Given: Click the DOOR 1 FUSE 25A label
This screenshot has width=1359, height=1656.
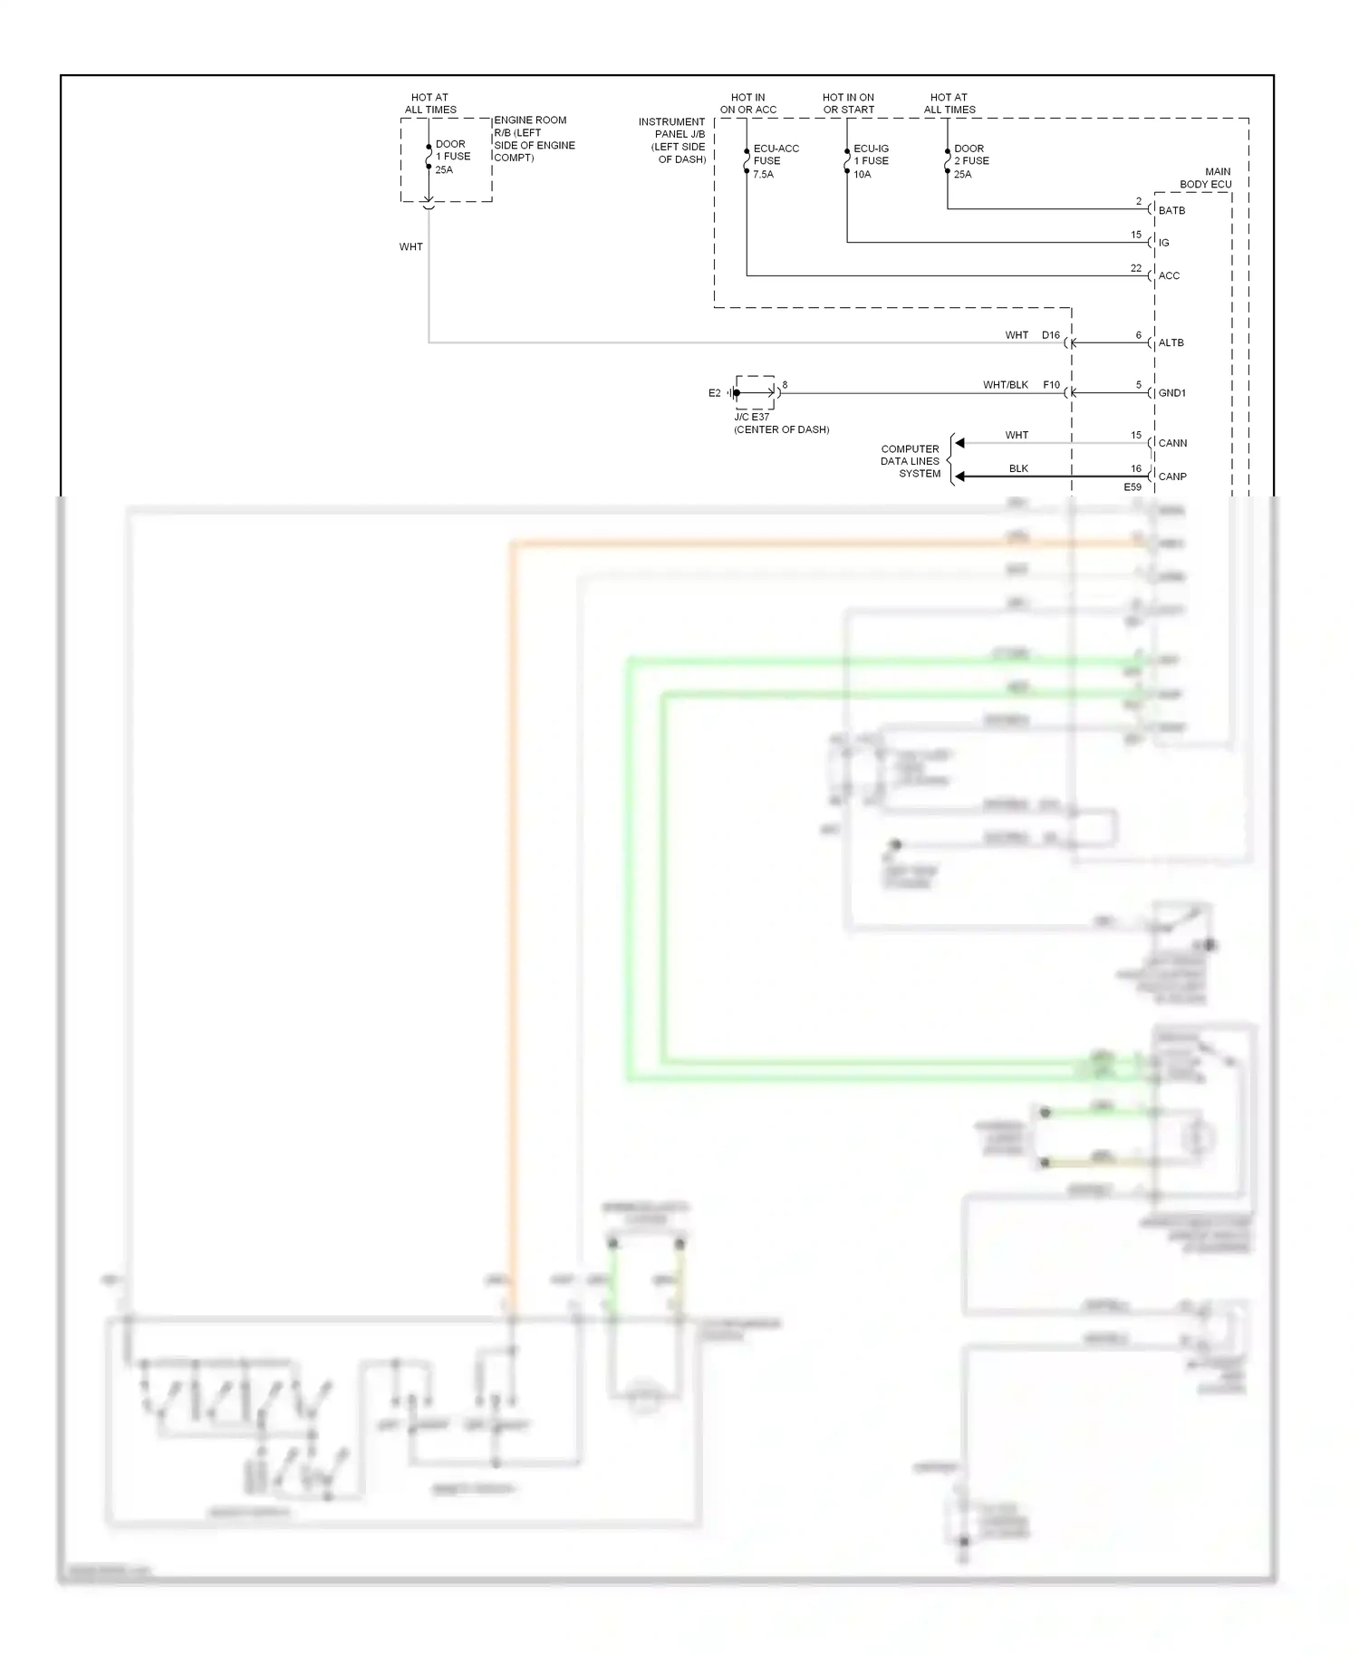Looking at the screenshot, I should point(452,157).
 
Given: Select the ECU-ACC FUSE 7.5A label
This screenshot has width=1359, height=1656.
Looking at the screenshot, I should point(775,161).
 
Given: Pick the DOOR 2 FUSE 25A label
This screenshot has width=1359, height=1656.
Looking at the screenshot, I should point(970,161).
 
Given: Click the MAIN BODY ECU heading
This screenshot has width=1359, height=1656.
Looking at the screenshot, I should point(1206,178).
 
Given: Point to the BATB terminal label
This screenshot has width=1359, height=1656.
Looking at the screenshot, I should point(1171,210).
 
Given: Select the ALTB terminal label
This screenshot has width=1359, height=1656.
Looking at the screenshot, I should point(1171,342).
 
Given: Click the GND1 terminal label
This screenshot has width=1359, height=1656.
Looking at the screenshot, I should point(1171,393).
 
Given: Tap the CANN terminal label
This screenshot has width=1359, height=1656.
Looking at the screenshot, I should point(1172,443).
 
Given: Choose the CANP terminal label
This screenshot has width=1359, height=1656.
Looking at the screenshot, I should point(1172,477).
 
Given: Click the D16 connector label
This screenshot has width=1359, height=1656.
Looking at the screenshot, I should point(1050,335).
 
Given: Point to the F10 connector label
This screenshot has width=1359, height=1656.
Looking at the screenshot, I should point(1051,385).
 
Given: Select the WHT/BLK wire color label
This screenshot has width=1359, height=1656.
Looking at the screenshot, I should point(1005,385).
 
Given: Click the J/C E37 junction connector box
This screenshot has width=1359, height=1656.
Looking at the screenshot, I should point(755,393).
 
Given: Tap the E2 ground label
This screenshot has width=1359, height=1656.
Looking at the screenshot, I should point(714,393).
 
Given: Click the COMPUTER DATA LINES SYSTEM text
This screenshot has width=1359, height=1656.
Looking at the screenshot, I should point(911,461).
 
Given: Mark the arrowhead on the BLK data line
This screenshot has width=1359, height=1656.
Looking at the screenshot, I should point(959,477).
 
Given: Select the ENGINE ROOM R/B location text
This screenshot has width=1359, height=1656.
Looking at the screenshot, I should point(534,139).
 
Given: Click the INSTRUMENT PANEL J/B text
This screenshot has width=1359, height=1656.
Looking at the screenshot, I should point(671,140).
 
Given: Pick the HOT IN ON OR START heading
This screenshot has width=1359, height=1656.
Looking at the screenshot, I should point(848,103).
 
